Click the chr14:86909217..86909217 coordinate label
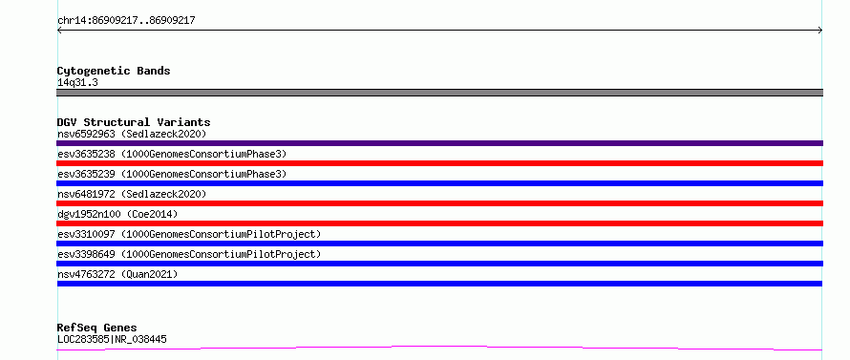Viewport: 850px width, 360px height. (126, 21)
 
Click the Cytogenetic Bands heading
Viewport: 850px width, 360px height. (114, 71)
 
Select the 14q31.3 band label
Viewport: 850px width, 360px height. (77, 83)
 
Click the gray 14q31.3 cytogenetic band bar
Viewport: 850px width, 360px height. (439, 93)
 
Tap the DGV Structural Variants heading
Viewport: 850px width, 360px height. (134, 122)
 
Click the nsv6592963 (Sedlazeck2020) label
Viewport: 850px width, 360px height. (132, 134)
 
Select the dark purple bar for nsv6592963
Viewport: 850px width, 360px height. (439, 143)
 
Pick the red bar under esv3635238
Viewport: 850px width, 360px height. (439, 163)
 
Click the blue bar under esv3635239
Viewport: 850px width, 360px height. (439, 183)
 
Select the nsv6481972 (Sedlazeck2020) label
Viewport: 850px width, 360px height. (132, 194)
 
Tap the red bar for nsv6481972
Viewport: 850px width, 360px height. (439, 203)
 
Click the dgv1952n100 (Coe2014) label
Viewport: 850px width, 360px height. (117, 214)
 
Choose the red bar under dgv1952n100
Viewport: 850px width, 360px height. (439, 223)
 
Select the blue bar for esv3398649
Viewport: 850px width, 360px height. (439, 264)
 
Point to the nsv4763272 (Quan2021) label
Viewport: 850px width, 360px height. (117, 274)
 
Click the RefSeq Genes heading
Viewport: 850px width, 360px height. (97, 328)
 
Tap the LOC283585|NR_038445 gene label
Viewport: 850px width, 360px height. (112, 339)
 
